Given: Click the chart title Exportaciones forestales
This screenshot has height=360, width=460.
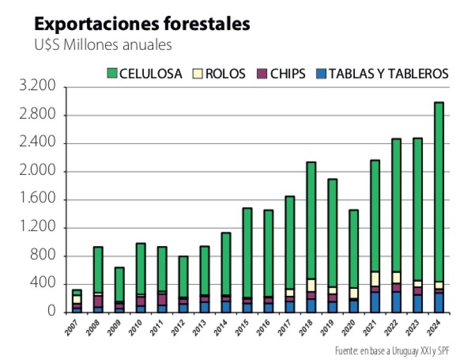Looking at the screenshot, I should (x=142, y=24).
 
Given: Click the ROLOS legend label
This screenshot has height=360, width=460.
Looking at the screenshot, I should (x=225, y=73).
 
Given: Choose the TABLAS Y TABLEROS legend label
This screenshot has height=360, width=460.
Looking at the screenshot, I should (x=389, y=73).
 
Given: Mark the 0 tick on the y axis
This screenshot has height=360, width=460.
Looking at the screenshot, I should (x=52, y=312).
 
